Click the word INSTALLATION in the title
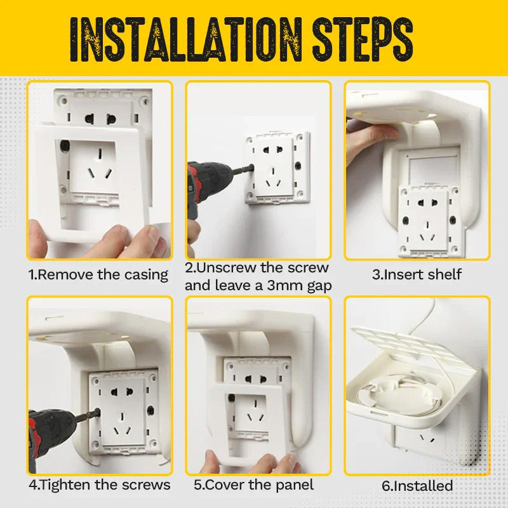pos(185,39)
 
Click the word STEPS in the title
pos(363,39)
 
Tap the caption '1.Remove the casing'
pos(98,275)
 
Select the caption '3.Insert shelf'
pos(417,274)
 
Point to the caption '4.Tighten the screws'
pos(100,485)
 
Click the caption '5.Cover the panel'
pos(253,485)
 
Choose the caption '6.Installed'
pos(417,486)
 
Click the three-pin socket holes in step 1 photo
pos(100,165)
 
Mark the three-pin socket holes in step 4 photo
pos(122,424)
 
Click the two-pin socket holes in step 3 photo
pos(428,203)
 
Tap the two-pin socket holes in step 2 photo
pos(273,150)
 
